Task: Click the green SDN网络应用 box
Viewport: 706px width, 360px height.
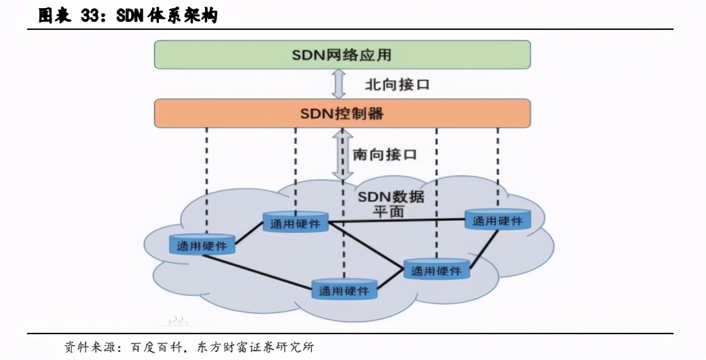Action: [x=342, y=54]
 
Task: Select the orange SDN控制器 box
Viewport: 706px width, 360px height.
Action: [x=342, y=113]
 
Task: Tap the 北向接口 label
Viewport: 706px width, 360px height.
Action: [x=398, y=85]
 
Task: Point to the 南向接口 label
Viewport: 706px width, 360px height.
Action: [x=385, y=155]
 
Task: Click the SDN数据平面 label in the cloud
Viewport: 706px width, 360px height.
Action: [x=390, y=204]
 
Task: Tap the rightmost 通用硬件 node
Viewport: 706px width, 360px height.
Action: [x=498, y=221]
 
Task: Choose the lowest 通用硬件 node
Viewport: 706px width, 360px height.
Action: [x=344, y=291]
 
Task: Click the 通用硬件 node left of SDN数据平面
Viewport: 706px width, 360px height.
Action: [x=295, y=223]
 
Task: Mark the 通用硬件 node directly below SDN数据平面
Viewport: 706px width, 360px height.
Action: [x=436, y=271]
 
